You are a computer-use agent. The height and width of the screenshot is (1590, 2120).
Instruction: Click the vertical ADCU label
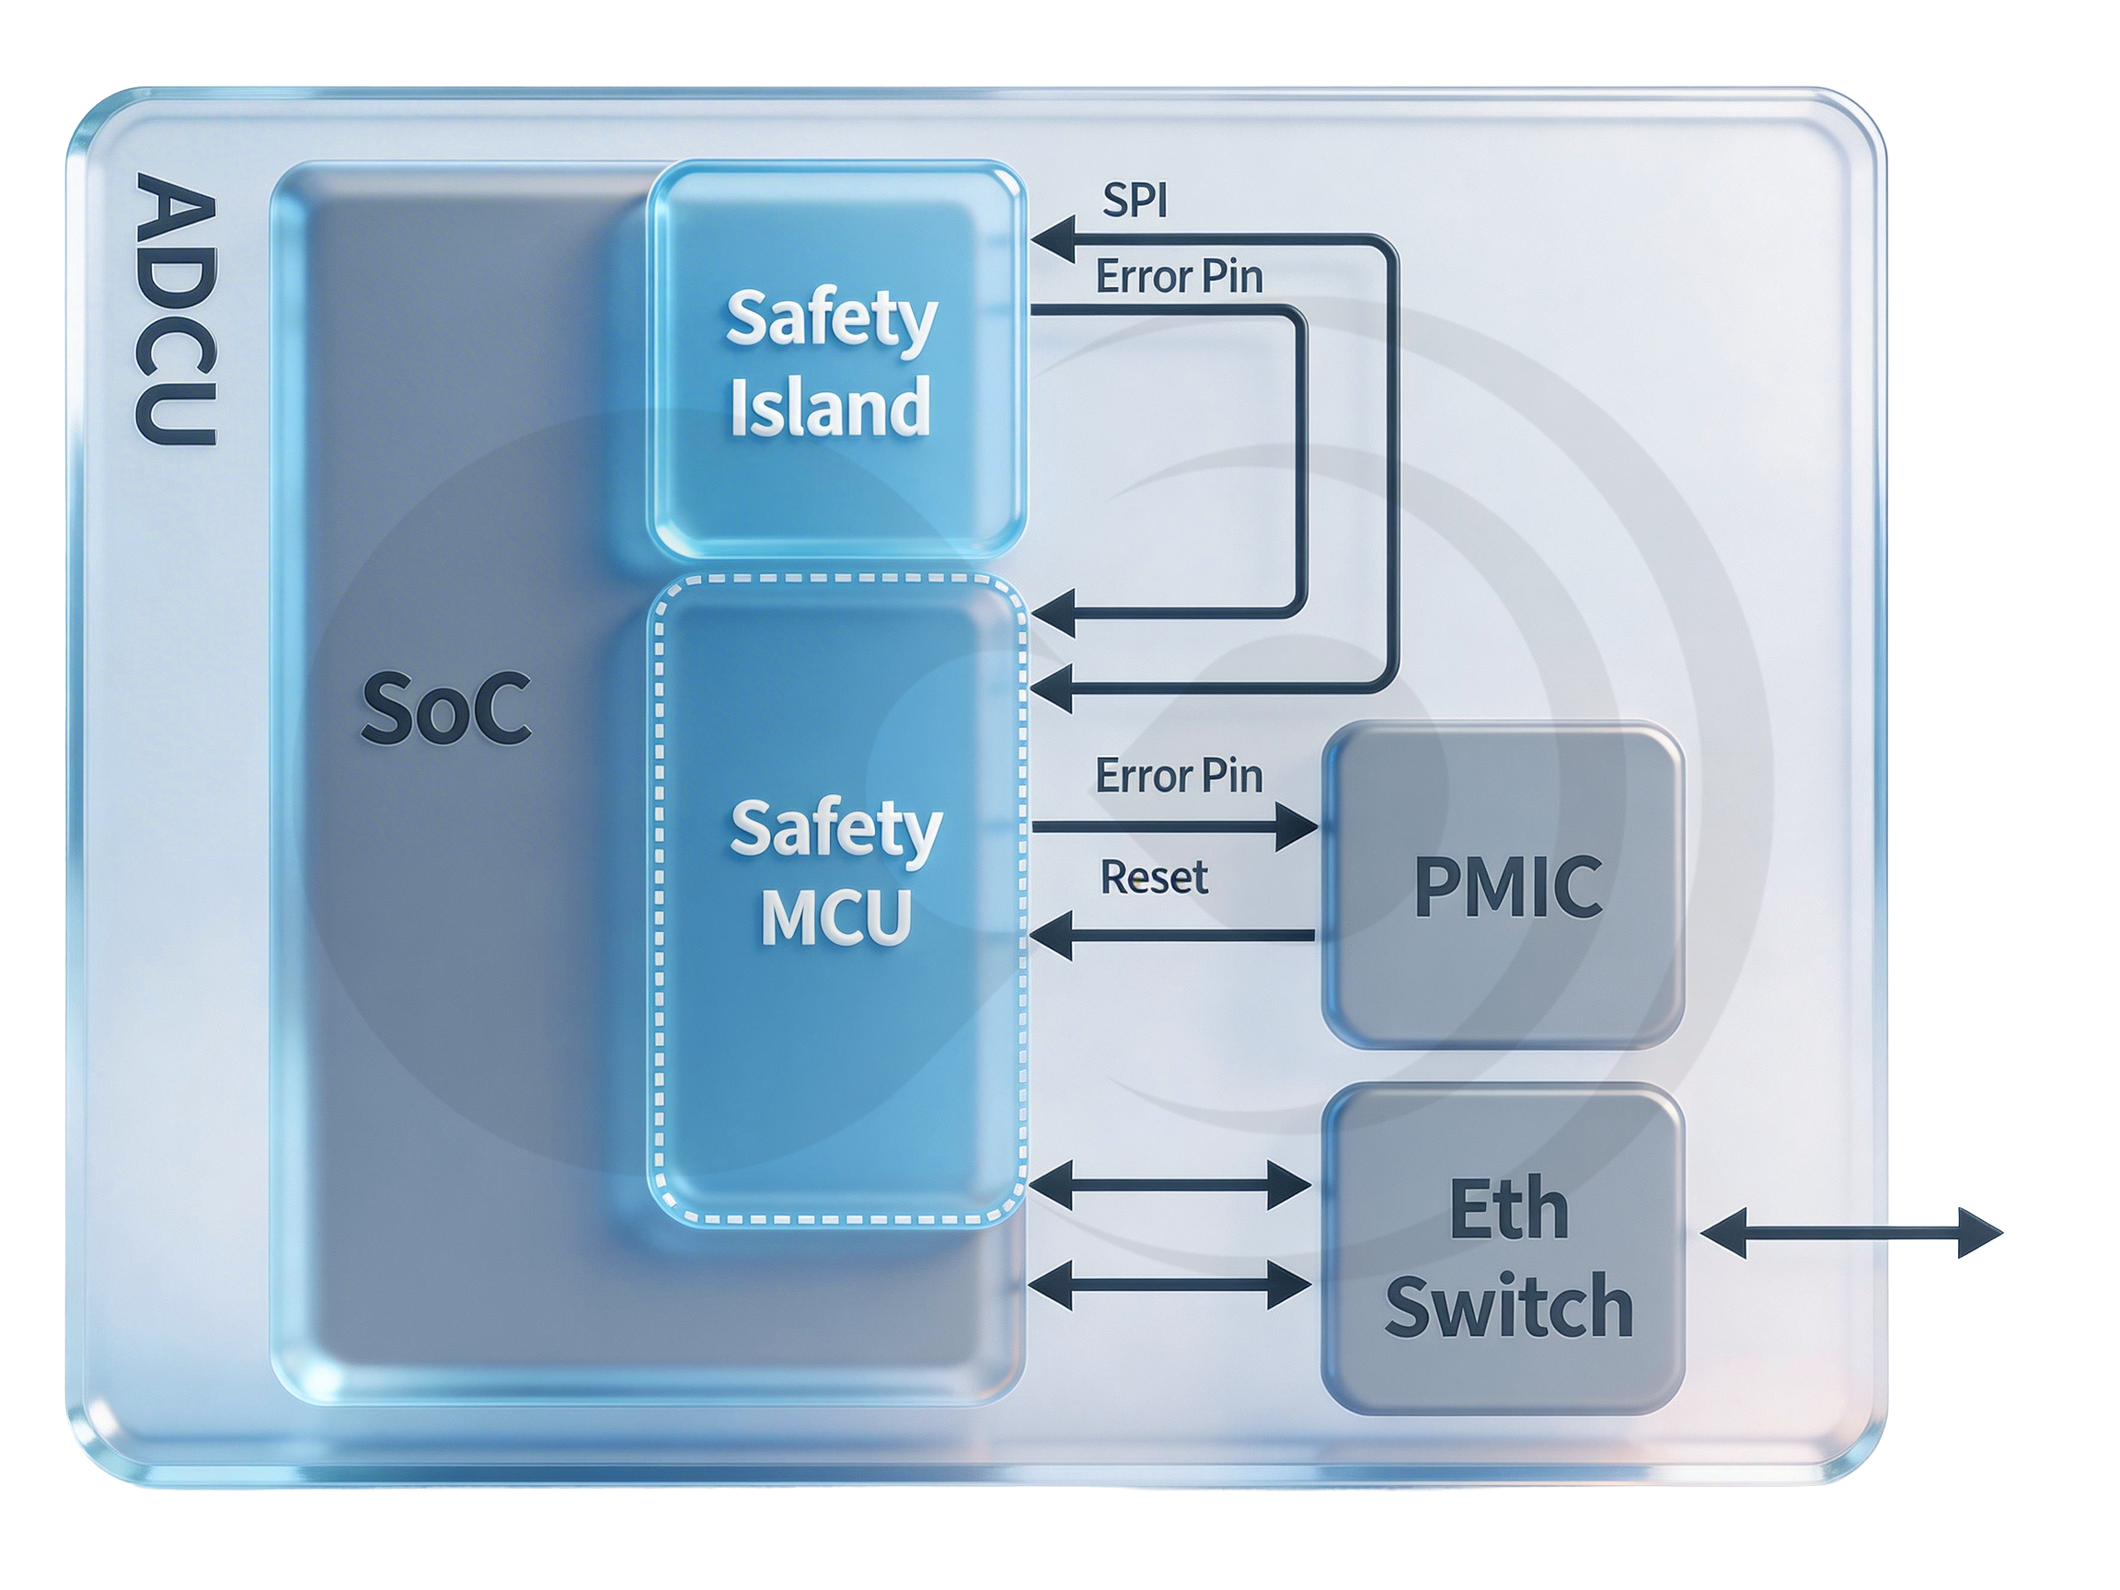(176, 308)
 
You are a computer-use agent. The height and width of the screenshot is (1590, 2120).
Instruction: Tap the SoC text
(445, 709)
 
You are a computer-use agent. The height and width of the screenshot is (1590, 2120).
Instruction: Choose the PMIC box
(1503, 885)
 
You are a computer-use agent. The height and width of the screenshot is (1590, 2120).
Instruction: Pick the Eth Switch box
(1503, 1249)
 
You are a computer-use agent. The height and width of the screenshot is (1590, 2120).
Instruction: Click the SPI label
(1135, 201)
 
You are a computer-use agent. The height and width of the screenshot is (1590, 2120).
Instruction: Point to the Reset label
(1153, 877)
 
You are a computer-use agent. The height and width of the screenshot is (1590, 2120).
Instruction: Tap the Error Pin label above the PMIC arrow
(1178, 776)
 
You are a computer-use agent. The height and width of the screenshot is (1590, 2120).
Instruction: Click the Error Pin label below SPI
(1178, 277)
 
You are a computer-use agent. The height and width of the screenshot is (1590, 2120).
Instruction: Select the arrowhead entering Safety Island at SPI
(1052, 239)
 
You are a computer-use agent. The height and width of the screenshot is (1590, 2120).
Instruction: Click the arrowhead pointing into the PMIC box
(1296, 826)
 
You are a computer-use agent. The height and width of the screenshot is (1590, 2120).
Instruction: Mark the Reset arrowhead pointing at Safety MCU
(1052, 936)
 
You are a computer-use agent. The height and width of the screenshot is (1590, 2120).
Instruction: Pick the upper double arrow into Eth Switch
(1169, 1185)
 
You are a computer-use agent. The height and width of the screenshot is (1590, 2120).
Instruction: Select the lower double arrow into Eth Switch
(1169, 1285)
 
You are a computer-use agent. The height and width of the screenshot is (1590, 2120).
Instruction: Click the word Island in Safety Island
(830, 408)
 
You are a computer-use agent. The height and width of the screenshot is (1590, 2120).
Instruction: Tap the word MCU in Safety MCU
(835, 917)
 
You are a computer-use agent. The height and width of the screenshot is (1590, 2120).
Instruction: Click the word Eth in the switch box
(1508, 1209)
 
